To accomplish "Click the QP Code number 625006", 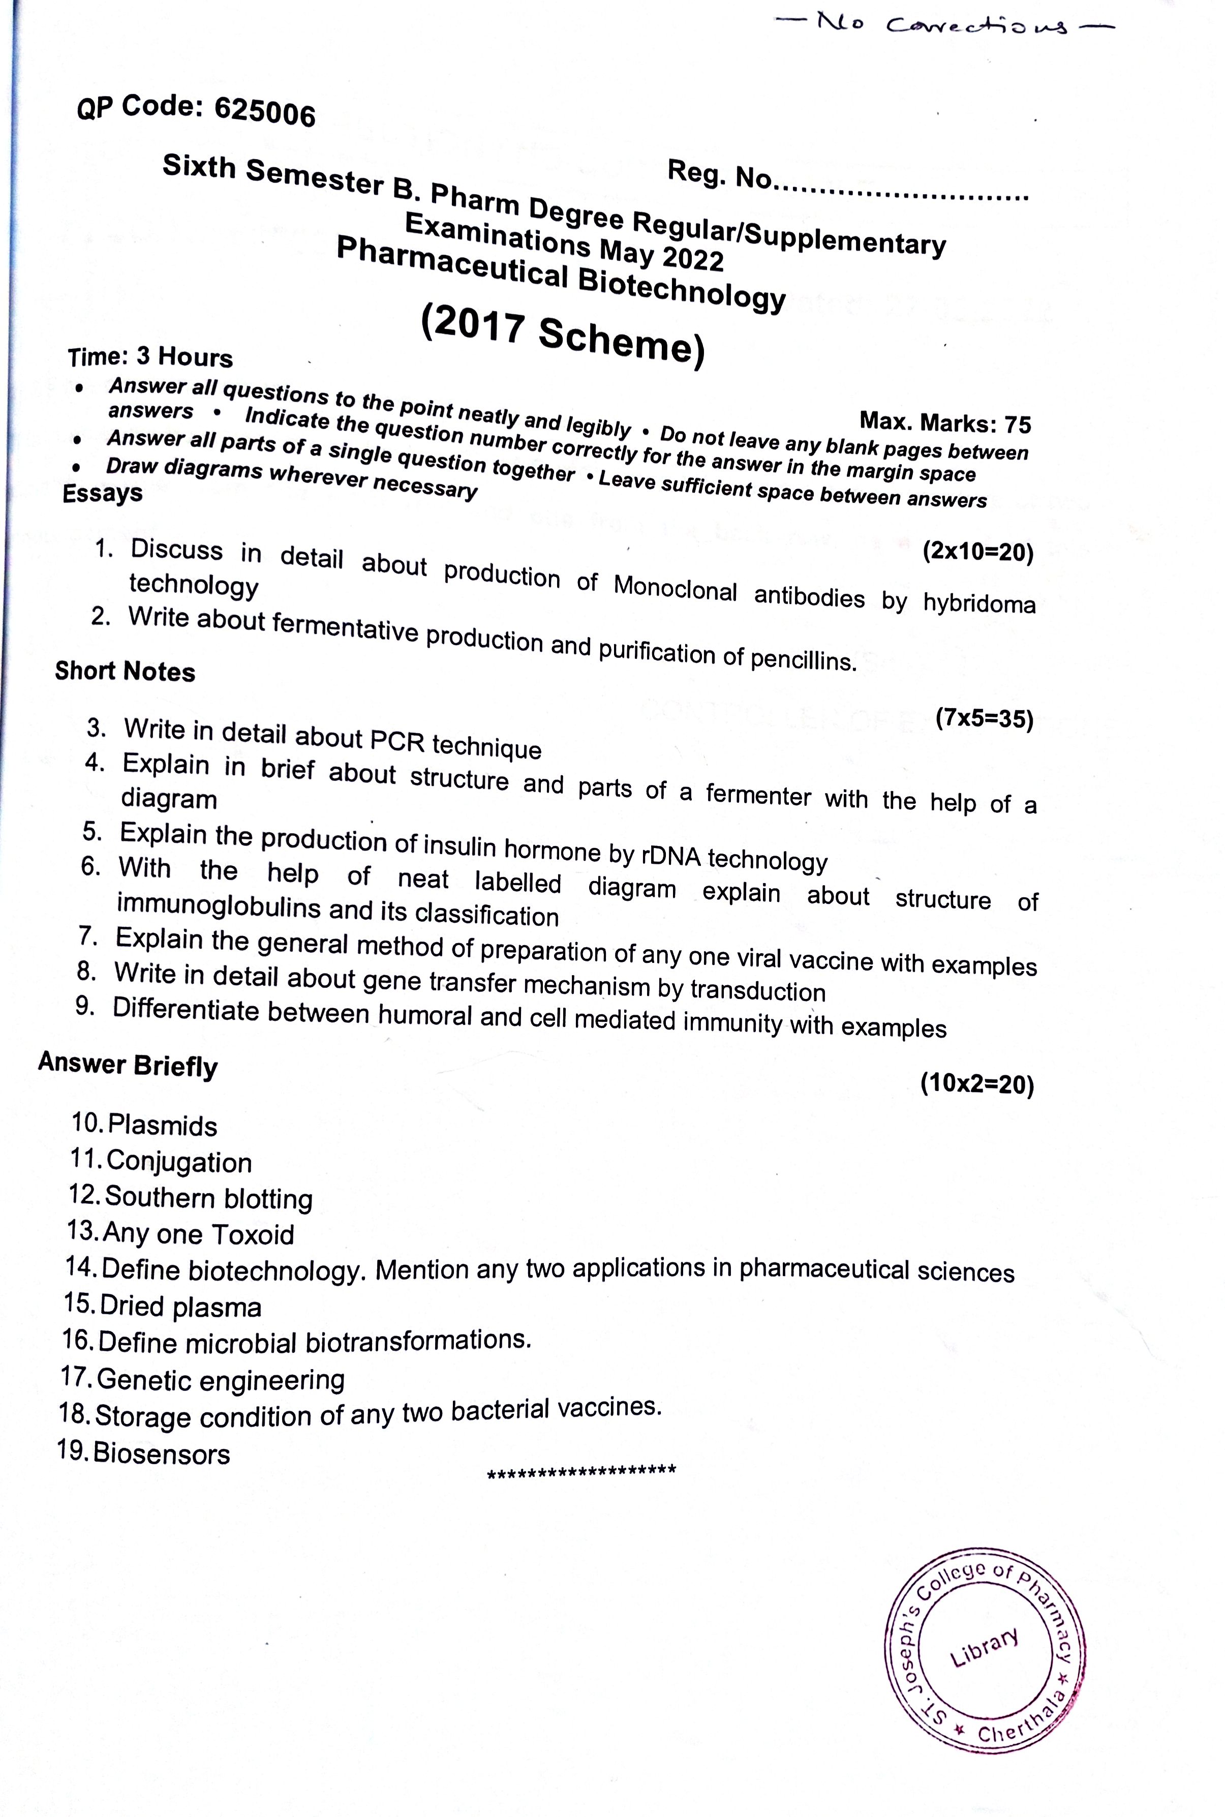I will click(x=264, y=112).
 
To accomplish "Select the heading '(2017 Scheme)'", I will click(x=563, y=334).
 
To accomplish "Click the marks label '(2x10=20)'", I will click(x=977, y=552).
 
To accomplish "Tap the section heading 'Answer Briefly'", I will click(x=128, y=1065).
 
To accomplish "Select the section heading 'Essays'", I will click(x=102, y=494).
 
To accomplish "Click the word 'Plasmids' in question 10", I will click(x=163, y=1126).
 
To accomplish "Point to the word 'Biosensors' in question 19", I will click(x=162, y=1454).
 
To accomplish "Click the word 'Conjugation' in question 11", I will click(x=179, y=1162).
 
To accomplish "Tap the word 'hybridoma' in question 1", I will click(x=979, y=603).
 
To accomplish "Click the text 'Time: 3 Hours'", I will click(x=150, y=357).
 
